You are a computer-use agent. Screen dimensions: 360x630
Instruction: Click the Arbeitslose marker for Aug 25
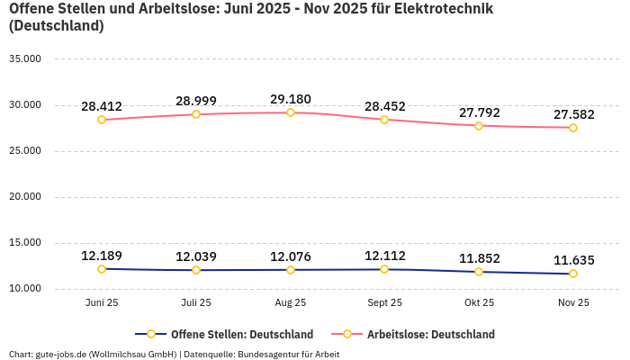pyautogui.click(x=291, y=112)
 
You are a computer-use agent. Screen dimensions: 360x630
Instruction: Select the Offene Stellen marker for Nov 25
pyautogui.click(x=573, y=274)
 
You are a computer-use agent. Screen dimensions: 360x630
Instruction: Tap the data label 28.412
pyautogui.click(x=102, y=106)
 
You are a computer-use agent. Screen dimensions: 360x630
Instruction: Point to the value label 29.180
pyautogui.click(x=291, y=99)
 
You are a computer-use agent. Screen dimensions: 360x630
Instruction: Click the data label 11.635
pyautogui.click(x=573, y=260)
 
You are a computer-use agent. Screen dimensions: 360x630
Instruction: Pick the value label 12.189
pyautogui.click(x=102, y=256)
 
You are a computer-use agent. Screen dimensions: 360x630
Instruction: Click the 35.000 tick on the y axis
pyautogui.click(x=25, y=59)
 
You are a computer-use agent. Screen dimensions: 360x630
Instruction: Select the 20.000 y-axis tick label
pyautogui.click(x=25, y=197)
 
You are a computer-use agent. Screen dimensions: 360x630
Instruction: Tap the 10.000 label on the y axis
pyautogui.click(x=25, y=289)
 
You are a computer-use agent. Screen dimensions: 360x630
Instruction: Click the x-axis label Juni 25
pyautogui.click(x=102, y=303)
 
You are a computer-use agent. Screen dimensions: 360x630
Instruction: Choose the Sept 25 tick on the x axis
pyautogui.click(x=384, y=303)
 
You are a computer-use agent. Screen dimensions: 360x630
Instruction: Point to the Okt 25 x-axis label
pyautogui.click(x=479, y=303)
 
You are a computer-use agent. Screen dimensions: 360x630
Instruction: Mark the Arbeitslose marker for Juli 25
pyautogui.click(x=196, y=114)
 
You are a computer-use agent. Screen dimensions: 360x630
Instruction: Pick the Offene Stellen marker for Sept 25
pyautogui.click(x=384, y=269)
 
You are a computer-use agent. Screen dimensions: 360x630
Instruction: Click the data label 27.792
pyautogui.click(x=479, y=112)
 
